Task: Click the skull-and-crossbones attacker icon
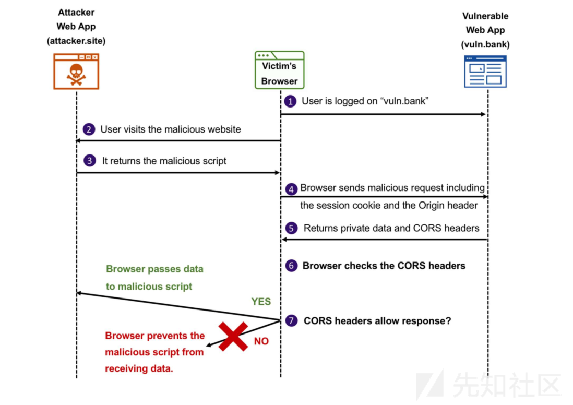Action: pos(76,72)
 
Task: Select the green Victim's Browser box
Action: pos(279,70)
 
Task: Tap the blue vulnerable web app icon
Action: pos(485,72)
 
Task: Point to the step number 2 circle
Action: pos(89,129)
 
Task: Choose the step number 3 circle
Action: pos(90,161)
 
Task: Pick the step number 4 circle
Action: pos(291,188)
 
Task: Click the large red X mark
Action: pos(233,336)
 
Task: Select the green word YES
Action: pos(261,302)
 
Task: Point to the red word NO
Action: pos(261,341)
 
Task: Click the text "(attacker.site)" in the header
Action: pos(76,40)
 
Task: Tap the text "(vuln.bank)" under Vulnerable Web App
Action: pos(485,44)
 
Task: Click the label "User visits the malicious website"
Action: pos(171,129)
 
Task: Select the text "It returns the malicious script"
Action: pos(164,161)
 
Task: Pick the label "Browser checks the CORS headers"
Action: pos(384,266)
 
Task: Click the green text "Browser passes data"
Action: pos(154,269)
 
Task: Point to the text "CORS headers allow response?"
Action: pos(377,320)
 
